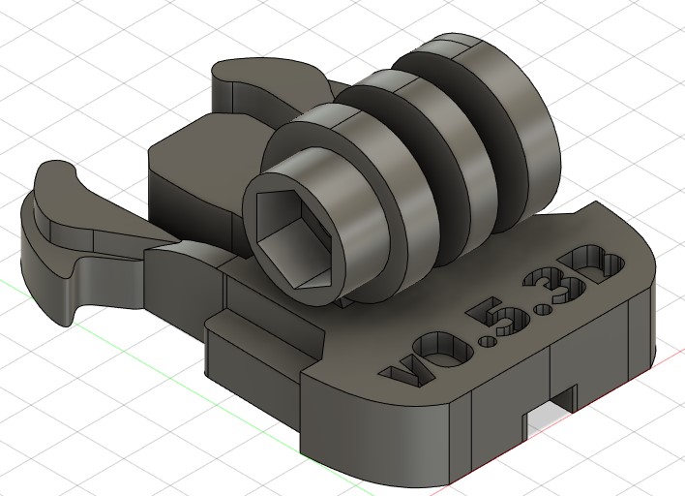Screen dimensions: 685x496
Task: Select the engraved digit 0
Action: pos(449,344)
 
